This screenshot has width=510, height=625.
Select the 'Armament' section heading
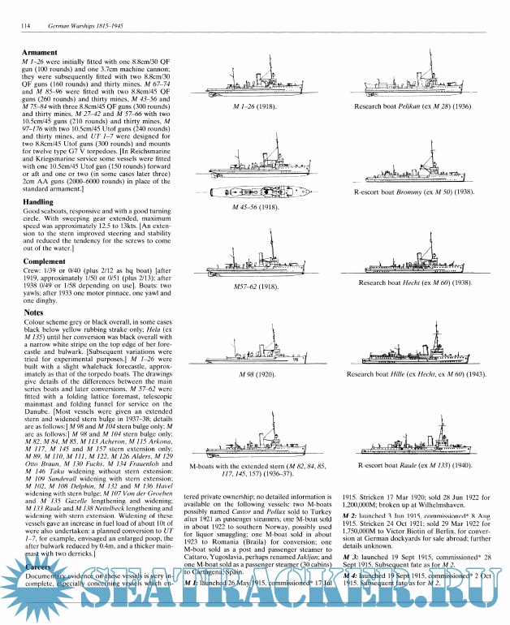point(43,52)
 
